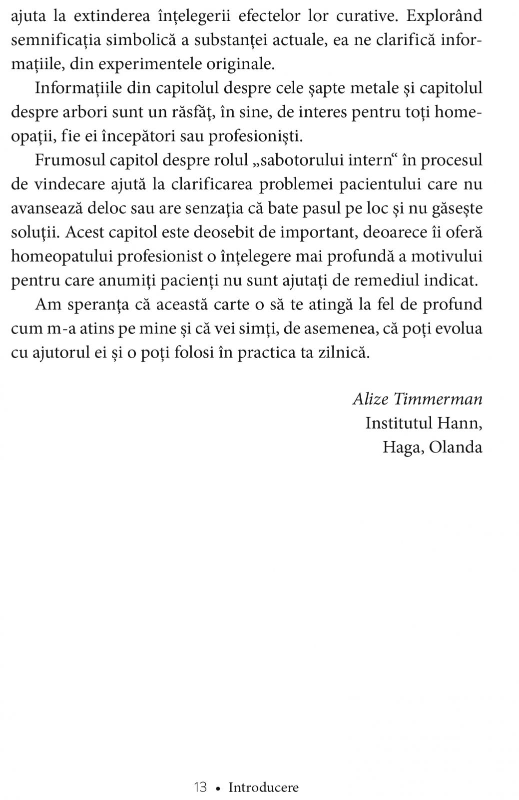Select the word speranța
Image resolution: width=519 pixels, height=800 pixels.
click(102, 305)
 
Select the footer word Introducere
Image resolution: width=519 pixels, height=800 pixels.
click(263, 788)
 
